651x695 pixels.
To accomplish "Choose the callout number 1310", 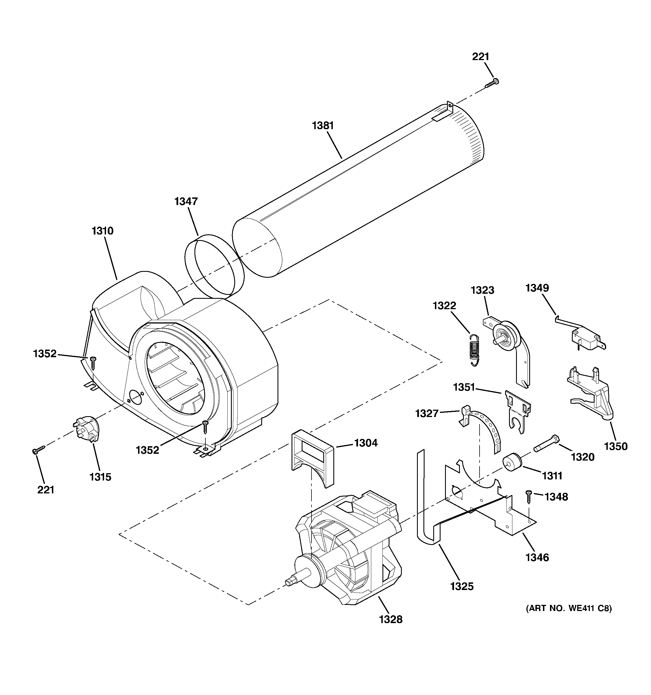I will click(x=102, y=231).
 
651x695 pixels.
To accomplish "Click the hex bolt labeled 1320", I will click(x=546, y=444).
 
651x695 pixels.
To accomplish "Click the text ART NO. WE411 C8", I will click(x=569, y=608).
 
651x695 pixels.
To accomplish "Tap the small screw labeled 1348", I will click(x=528, y=496).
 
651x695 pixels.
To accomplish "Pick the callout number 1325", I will click(x=462, y=586).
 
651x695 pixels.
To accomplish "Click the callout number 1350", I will click(x=616, y=446).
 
